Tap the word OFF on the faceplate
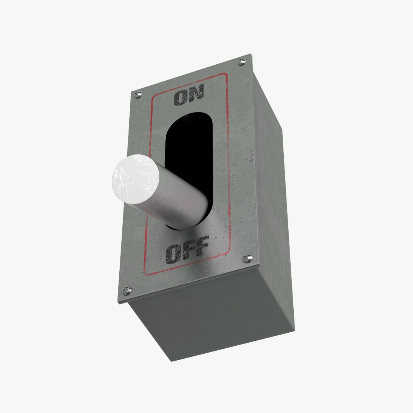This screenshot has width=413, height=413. coord(187,251)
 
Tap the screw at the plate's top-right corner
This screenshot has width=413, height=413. coord(242,61)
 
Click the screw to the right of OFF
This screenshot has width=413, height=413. coord(247,258)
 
